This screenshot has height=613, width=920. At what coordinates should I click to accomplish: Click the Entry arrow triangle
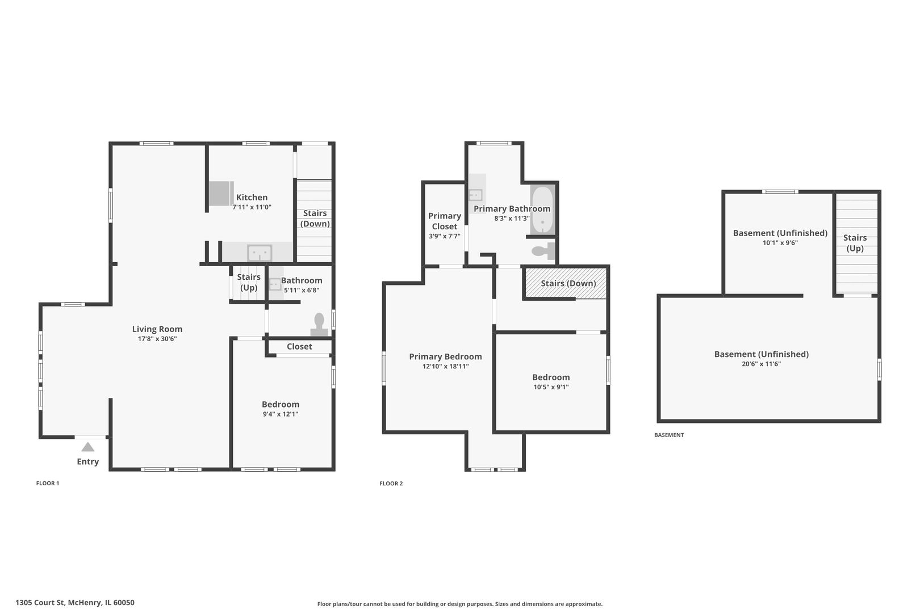coord(88,447)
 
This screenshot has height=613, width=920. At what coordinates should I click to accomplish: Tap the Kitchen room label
coord(252,198)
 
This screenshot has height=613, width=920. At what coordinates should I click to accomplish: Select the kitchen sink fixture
coord(260,253)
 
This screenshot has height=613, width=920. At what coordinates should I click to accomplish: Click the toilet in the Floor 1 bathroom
coord(319,325)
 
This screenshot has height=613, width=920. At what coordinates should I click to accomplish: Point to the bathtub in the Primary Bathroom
coord(542,210)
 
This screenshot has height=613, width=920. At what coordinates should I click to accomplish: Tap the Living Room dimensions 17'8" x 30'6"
coord(157,339)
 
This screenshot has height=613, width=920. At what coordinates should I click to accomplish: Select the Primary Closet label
coord(445,221)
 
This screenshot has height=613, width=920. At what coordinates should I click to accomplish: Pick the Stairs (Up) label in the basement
coord(855,243)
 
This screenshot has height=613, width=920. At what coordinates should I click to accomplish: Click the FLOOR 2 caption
coord(391,483)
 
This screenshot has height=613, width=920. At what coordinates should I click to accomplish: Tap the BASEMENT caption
coord(669,435)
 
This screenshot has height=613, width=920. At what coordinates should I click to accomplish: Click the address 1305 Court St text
coord(40,603)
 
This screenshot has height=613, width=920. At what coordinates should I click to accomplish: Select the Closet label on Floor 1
coord(299,347)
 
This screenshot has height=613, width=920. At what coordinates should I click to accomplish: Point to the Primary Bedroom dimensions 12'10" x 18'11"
coord(446,366)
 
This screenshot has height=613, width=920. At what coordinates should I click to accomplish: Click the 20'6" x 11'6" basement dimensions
coord(762,364)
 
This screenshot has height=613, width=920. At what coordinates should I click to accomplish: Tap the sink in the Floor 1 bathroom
coord(275,284)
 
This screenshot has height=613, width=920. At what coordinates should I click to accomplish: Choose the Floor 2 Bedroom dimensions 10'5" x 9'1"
coord(551,387)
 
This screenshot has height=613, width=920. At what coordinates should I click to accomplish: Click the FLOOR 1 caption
coord(48,483)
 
